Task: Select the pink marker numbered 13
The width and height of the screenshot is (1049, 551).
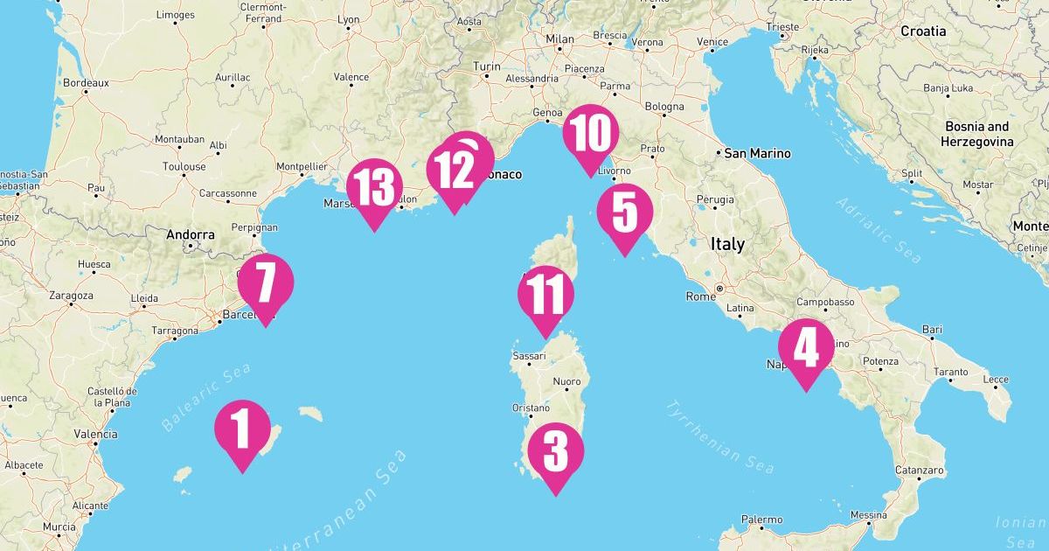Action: click(x=374, y=188)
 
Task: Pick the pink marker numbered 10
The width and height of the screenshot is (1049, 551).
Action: click(x=590, y=134)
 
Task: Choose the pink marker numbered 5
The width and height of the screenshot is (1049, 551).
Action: click(x=624, y=213)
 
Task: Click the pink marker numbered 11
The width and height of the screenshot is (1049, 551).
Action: click(x=545, y=296)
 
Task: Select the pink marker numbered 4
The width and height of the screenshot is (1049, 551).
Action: click(x=805, y=347)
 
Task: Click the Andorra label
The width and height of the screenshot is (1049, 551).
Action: click(x=191, y=234)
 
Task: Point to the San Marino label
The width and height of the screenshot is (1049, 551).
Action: click(x=757, y=153)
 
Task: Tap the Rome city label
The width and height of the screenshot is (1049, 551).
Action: click(x=700, y=296)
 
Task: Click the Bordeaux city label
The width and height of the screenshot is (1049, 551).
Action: click(x=86, y=83)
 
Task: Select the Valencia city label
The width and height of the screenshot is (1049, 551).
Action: click(x=95, y=434)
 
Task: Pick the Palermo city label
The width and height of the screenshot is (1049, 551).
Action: click(x=761, y=520)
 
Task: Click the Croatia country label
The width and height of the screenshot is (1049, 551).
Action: click(x=923, y=31)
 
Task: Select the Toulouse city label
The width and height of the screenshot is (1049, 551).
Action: click(x=184, y=166)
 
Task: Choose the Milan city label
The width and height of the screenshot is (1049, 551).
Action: click(x=559, y=39)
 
